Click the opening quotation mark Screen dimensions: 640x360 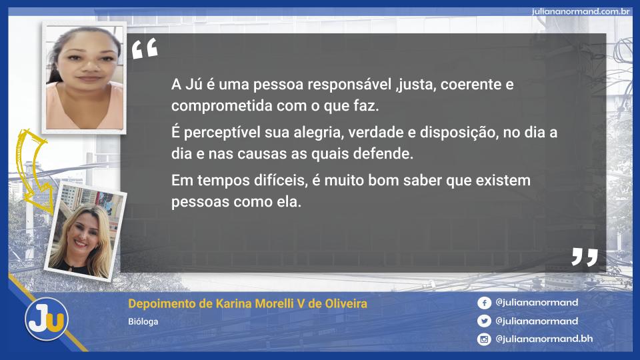pyautogui.click(x=145, y=49)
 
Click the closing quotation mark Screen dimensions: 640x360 pyautogui.click(x=585, y=257)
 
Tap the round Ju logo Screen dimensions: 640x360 pyautogui.click(x=47, y=319)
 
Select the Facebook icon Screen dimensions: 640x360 pyautogui.click(x=484, y=303)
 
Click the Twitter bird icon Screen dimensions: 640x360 pyautogui.click(x=484, y=321)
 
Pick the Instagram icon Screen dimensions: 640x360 pyautogui.click(x=484, y=339)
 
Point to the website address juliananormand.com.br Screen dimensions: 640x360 pyautogui.click(x=581, y=11)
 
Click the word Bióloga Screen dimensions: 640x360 pyautogui.click(x=143, y=321)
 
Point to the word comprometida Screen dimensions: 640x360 pyautogui.click(x=221, y=106)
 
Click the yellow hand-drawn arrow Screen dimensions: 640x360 pyautogui.click(x=32, y=171)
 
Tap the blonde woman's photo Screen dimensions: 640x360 pyautogui.click(x=86, y=232)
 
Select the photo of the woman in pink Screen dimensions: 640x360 pyautogui.click(x=84, y=77)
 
